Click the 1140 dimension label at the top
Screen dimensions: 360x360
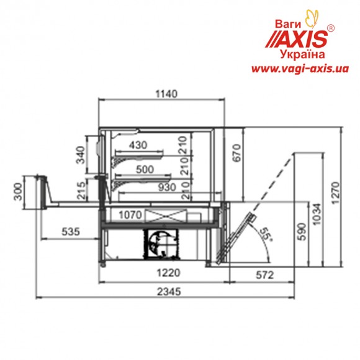[166, 94]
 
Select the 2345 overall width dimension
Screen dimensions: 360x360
[169, 292]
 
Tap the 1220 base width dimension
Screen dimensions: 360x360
[168, 273]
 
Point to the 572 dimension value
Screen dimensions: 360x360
[264, 275]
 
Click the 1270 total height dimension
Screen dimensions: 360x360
[335, 193]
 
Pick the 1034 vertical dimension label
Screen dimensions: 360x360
[318, 214]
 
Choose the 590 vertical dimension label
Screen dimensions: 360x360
[302, 232]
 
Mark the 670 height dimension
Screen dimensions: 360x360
[236, 153]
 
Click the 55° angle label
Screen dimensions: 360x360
[266, 234]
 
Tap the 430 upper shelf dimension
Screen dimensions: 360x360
[138, 145]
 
